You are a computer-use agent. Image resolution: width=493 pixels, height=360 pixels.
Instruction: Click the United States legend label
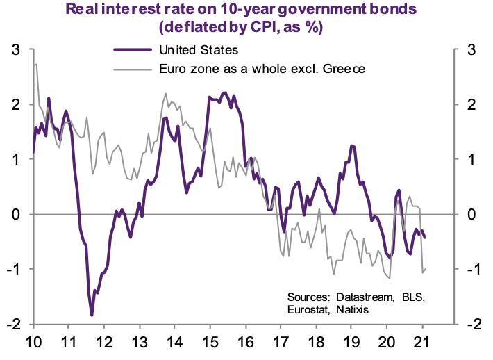point(199,50)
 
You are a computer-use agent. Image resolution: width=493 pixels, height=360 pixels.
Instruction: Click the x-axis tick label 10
point(33,342)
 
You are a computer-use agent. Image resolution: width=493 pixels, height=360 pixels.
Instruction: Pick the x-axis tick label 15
point(210,342)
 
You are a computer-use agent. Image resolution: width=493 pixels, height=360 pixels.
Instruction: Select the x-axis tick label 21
point(423,342)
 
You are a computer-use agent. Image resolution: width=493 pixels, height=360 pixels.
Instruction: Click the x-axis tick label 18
point(317,342)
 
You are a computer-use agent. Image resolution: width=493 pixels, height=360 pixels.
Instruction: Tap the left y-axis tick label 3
point(15,50)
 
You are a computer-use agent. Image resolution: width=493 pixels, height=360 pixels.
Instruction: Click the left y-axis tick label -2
point(12,324)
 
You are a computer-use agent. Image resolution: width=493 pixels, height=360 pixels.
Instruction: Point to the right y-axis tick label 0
point(471,214)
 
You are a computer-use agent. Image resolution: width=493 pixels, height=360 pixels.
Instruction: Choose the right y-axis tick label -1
point(469,269)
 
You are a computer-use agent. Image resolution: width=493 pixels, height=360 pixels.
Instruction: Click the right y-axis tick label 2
point(471,105)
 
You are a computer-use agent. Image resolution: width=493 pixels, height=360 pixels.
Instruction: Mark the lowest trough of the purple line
point(92,316)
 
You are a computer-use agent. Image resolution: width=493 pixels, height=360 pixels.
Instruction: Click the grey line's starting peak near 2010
point(35,65)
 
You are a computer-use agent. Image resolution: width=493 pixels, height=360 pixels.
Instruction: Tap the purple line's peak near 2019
point(352,145)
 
